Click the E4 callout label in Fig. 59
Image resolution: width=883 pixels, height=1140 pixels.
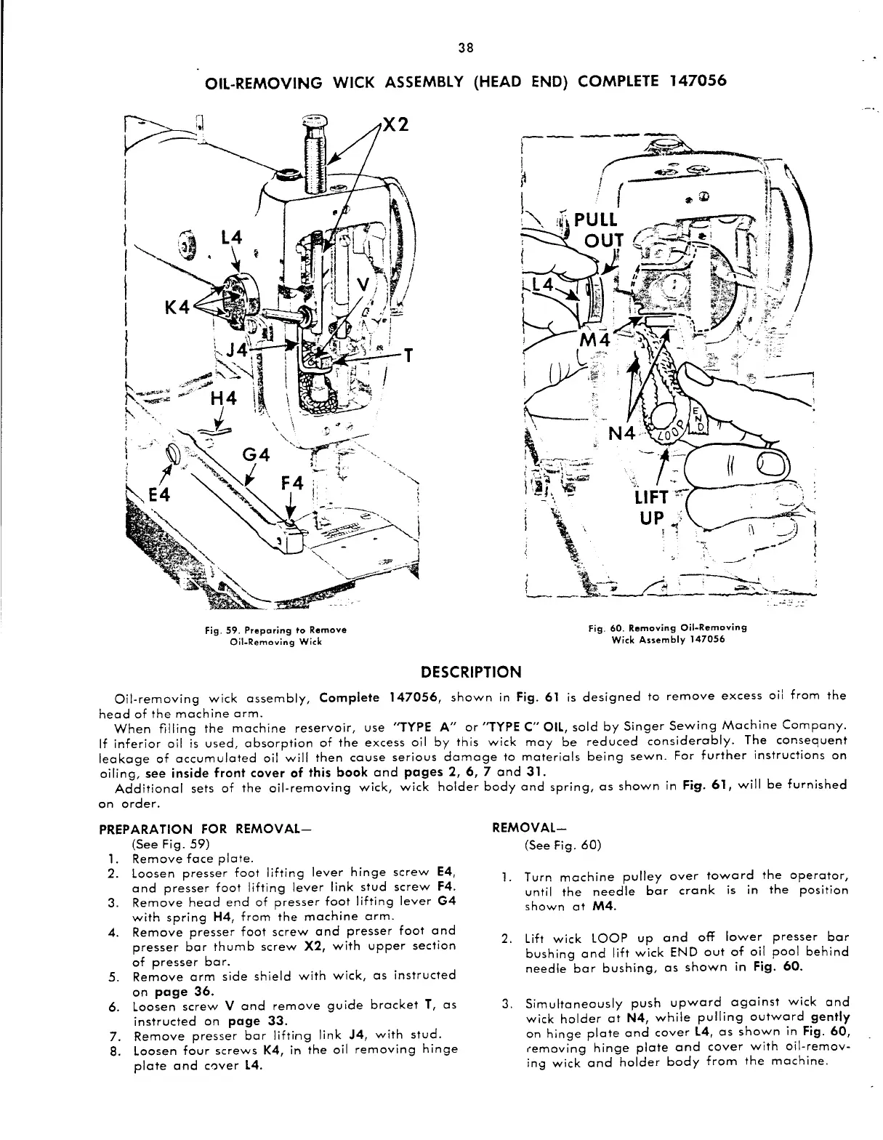[159, 495]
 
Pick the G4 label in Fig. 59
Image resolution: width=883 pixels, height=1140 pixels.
[255, 456]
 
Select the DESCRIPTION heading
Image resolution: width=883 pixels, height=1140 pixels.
[471, 671]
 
